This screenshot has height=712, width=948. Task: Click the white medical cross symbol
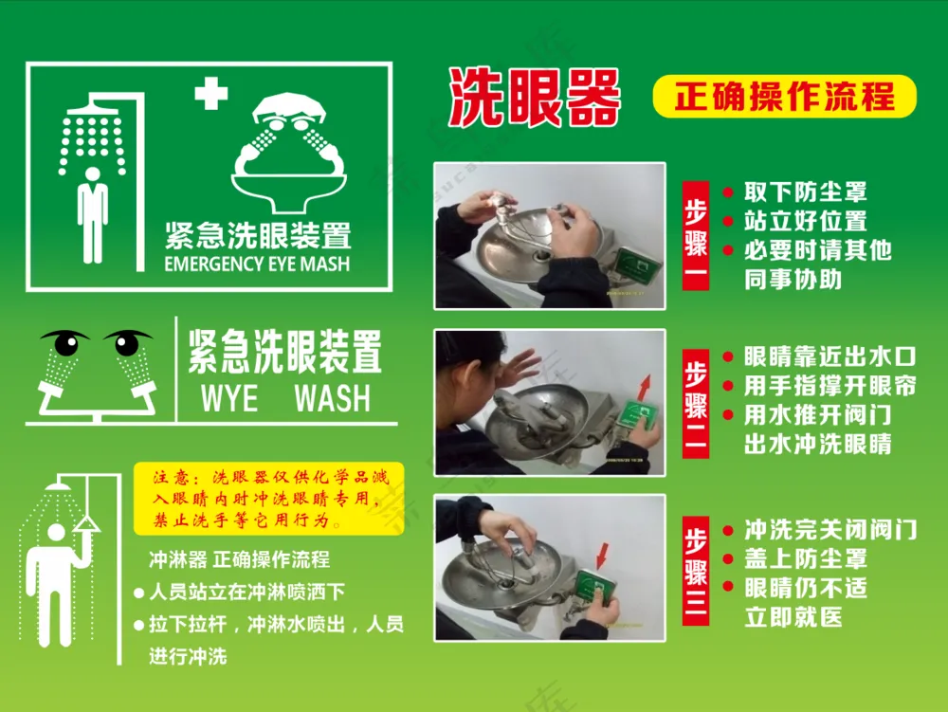coord(211,94)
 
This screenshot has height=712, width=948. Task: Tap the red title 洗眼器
coord(535,98)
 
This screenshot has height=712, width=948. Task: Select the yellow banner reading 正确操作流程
coord(784,96)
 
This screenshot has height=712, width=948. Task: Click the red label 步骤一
coord(695,236)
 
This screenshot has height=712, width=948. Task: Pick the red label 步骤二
coord(695,403)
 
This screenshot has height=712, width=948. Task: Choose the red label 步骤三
coord(695,571)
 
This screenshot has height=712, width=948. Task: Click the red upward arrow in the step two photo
coord(645,388)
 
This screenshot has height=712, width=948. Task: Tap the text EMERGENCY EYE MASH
coord(257,265)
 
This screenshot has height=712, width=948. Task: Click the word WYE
coord(229,398)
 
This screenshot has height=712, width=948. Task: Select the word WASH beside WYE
coord(333,398)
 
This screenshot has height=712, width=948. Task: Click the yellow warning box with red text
coord(268,499)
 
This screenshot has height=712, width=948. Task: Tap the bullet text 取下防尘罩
coord(805,192)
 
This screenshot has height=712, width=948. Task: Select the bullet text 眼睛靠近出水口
coord(829,356)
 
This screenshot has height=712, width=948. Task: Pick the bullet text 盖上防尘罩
coord(805,559)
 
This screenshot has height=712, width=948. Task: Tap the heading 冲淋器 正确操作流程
coord(240,559)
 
